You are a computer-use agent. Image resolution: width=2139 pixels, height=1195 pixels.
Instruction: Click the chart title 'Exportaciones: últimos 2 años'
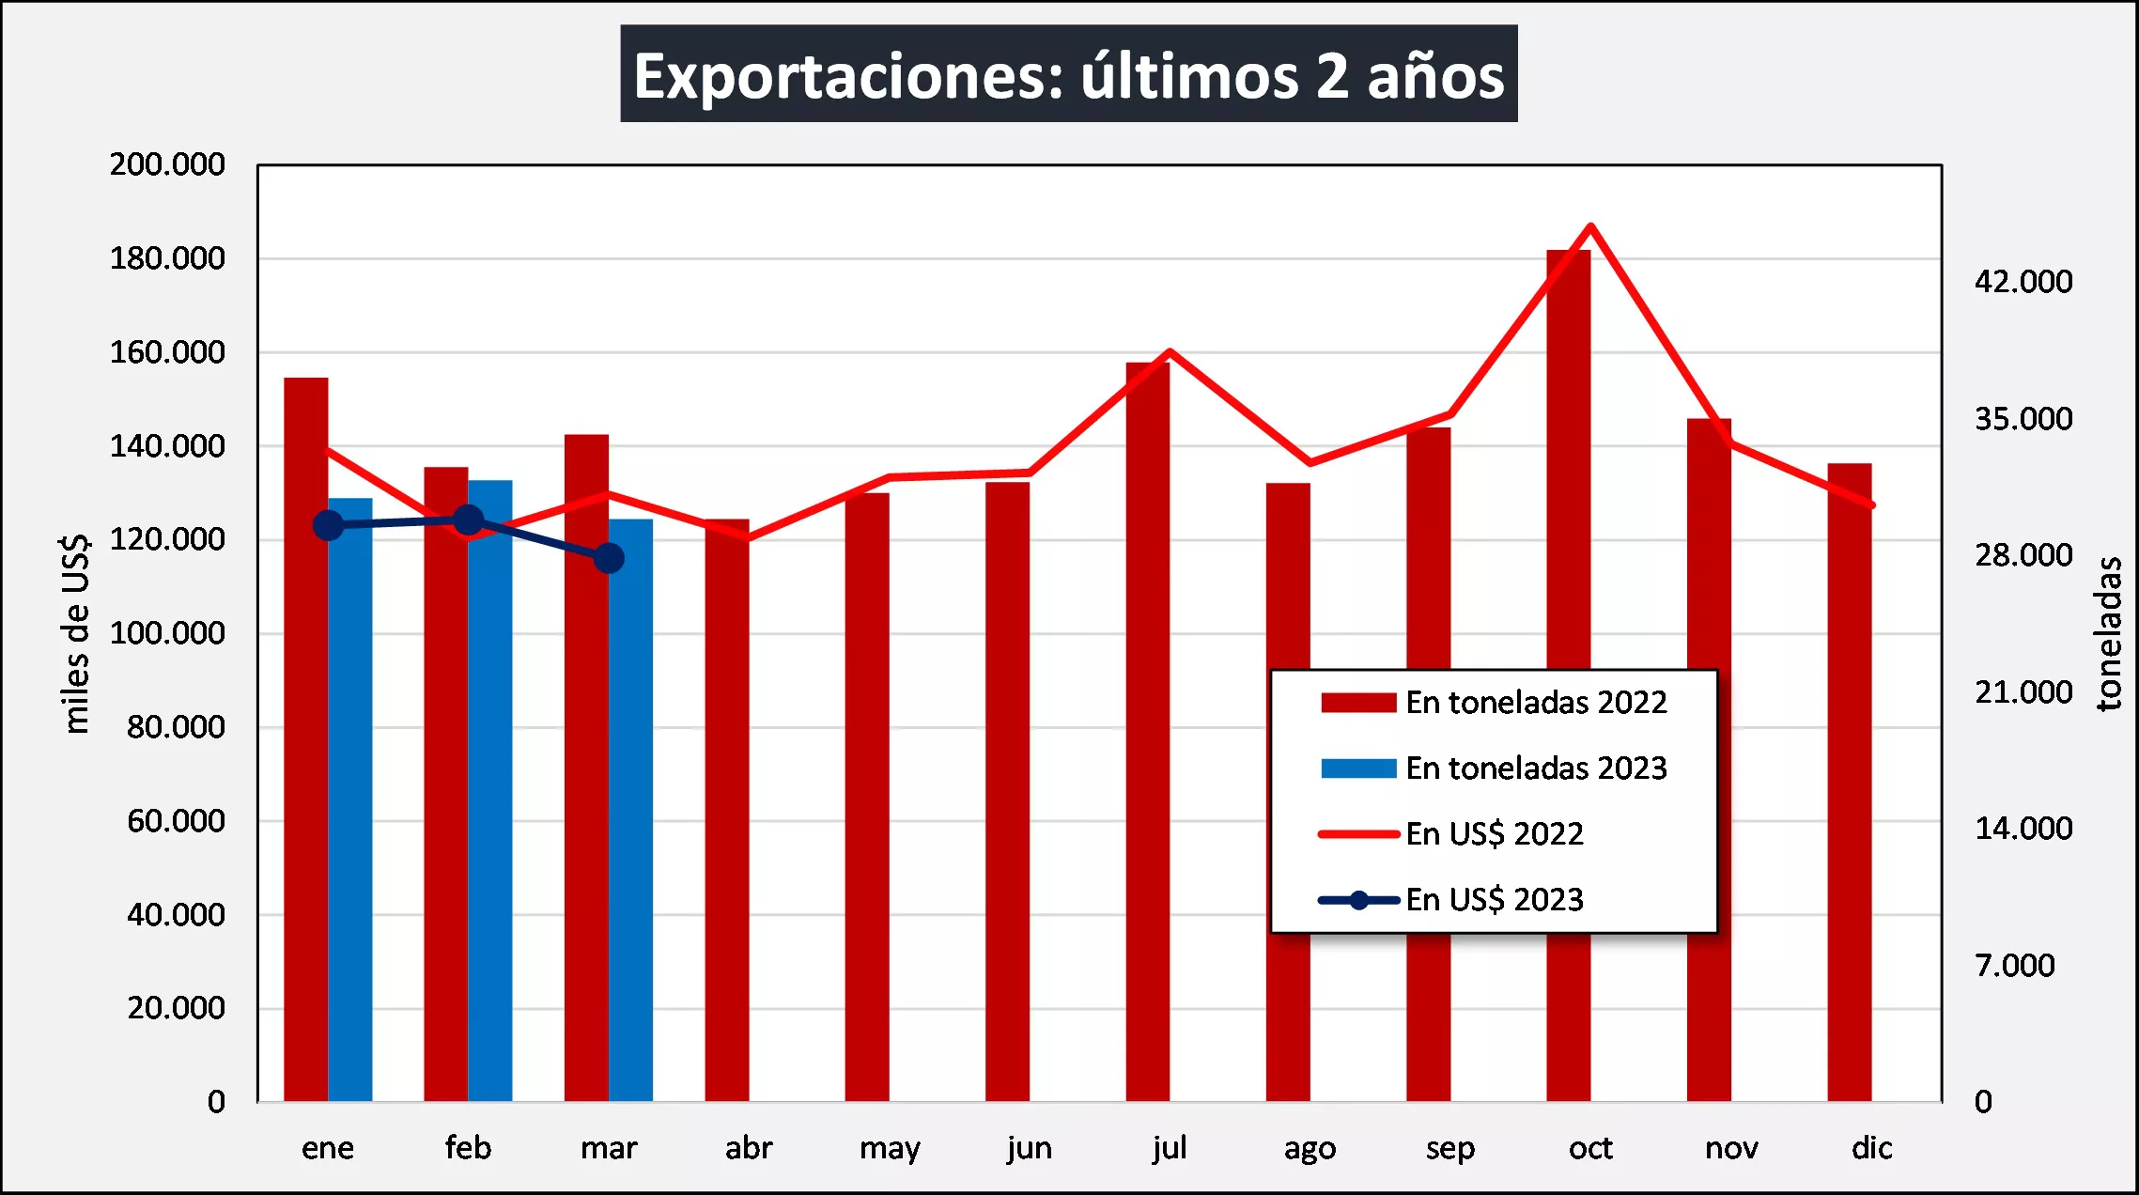(x=1068, y=74)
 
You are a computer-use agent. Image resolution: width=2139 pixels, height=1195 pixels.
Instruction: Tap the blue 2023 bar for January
(x=350, y=799)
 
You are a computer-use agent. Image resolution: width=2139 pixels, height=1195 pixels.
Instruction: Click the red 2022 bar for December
(x=1849, y=780)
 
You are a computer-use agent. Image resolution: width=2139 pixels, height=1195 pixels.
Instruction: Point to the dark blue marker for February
(x=468, y=520)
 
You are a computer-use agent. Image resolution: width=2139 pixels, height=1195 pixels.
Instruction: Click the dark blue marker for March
(x=609, y=558)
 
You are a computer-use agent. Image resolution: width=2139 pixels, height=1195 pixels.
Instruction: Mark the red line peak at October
(x=1590, y=226)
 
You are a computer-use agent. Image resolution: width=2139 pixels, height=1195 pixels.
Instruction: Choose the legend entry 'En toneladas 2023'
(x=1535, y=768)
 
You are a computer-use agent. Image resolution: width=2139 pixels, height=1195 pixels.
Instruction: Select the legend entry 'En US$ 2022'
(x=1494, y=834)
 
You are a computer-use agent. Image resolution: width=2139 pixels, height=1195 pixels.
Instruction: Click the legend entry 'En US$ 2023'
(x=1494, y=900)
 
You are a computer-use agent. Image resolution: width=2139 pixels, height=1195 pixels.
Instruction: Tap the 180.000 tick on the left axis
(x=167, y=258)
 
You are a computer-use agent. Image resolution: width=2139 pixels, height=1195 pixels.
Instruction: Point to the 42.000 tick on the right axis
(x=2023, y=282)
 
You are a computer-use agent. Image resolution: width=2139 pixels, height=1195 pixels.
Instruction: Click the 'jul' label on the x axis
(x=1170, y=1147)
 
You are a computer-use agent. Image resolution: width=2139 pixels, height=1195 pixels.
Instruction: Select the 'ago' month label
(x=1310, y=1148)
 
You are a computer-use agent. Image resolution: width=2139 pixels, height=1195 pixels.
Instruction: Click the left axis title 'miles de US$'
(x=75, y=633)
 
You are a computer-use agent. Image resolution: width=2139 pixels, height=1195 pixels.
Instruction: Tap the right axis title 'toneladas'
(x=2108, y=633)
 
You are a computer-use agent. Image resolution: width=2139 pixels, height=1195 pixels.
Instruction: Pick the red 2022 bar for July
(x=1147, y=733)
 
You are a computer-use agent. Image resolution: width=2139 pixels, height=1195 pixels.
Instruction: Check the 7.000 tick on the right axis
(x=2014, y=966)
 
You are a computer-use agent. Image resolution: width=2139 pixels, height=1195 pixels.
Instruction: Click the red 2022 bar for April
(x=726, y=808)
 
